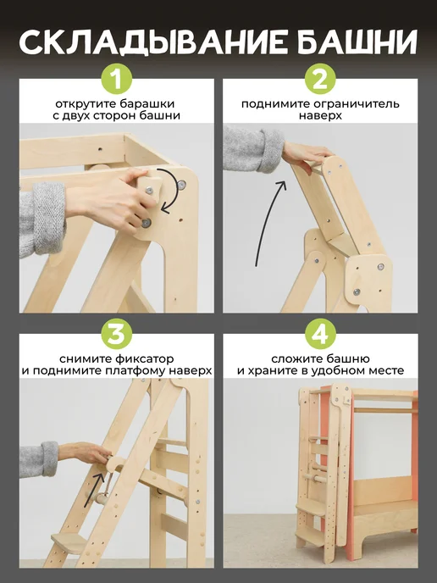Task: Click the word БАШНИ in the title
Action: tap(357, 42)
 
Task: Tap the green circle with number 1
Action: tap(117, 79)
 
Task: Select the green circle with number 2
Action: tap(320, 79)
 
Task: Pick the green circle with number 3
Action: tap(117, 333)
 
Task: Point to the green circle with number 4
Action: tap(320, 333)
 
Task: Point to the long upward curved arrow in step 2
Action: tap(268, 222)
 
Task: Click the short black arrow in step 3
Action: tap(94, 490)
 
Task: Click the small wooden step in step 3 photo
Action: tap(69, 543)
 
